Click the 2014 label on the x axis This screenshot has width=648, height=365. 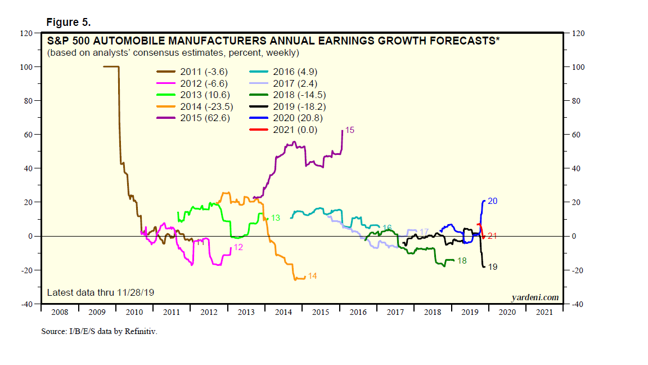tap(283, 311)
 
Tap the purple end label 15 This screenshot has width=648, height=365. tap(349, 130)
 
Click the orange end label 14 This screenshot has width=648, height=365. tap(312, 276)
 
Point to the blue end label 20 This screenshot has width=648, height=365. tap(492, 201)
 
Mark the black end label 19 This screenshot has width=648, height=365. tap(492, 266)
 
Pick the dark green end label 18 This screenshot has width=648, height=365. tap(462, 261)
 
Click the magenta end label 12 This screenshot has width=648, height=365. tap(238, 247)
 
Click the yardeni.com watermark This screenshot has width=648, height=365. tap(535, 297)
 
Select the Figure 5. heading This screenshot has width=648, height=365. tap(68, 23)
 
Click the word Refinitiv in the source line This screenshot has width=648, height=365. tap(141, 331)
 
